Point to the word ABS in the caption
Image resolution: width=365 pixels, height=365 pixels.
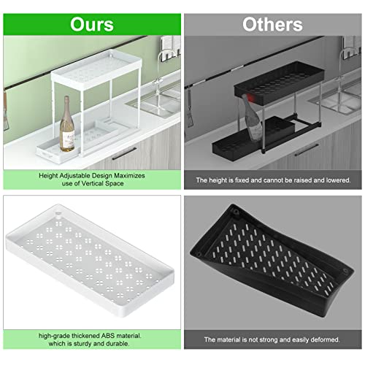tap(109, 335)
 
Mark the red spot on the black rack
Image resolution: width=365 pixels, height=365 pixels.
tap(249, 96)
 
